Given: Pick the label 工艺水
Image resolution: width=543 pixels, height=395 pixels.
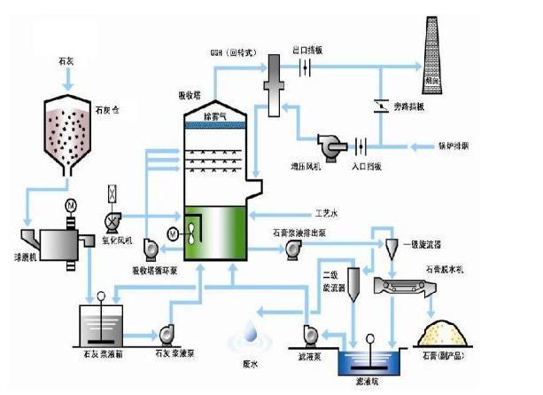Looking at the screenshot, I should click(x=327, y=213).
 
